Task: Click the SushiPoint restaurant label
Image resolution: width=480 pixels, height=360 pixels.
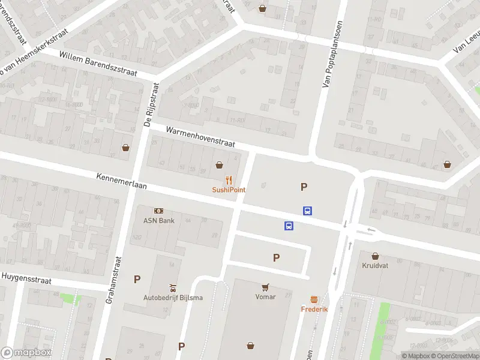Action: (229, 190)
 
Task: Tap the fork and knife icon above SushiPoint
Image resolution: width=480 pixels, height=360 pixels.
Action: (229, 179)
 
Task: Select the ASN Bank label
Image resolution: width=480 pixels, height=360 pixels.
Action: (158, 220)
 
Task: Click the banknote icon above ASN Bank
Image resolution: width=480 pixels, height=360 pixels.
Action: (158, 211)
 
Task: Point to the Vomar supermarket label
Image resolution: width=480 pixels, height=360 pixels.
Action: (265, 296)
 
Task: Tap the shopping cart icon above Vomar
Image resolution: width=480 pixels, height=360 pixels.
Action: (265, 287)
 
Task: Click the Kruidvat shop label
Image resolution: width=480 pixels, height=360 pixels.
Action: (376, 265)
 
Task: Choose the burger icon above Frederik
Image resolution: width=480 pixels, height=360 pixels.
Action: (314, 299)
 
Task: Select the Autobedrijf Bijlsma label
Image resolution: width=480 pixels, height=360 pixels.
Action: (173, 298)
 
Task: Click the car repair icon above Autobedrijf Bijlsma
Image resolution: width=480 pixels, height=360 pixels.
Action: (173, 287)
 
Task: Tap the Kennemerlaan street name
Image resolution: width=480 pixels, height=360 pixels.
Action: (122, 182)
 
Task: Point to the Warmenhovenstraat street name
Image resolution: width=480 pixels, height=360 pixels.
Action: (200, 137)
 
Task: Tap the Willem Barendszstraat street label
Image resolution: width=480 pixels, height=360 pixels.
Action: (98, 64)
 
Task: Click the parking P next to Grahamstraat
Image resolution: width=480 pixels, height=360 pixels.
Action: (137, 279)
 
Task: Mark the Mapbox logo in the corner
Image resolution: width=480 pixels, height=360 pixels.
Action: (26, 353)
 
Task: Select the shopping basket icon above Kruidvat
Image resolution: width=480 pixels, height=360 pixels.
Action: (376, 256)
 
